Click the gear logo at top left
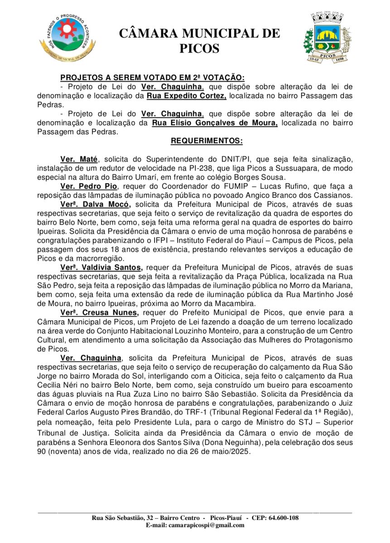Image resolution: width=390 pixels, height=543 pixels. point(67,37)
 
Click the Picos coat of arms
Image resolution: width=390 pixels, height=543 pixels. point(327,38)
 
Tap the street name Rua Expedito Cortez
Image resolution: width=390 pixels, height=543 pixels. point(187,95)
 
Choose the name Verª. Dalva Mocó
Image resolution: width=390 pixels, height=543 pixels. point(95,204)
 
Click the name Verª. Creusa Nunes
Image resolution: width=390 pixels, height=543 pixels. point(99,313)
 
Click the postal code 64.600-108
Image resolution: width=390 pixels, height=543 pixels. point(281,518)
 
